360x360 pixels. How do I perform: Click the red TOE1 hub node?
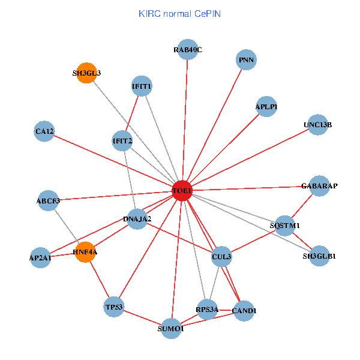[x=182, y=190]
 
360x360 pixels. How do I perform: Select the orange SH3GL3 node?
[x=87, y=73]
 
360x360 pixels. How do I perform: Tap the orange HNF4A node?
[x=85, y=252]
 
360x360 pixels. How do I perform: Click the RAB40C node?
[x=188, y=50]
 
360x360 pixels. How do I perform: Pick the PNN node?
[x=247, y=60]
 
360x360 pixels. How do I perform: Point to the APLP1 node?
[x=266, y=106]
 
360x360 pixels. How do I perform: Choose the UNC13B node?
[x=317, y=125]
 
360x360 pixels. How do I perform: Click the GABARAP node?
[x=319, y=186]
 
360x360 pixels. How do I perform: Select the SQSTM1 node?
[x=284, y=225]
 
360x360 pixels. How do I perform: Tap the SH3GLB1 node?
[x=319, y=256]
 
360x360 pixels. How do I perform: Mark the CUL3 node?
[x=221, y=257]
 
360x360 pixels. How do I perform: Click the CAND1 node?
[x=244, y=311]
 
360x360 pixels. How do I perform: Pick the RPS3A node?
[x=207, y=310]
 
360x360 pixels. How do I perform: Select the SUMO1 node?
[x=171, y=328]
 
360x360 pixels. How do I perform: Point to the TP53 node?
[x=114, y=307]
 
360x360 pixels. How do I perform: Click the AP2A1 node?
[x=40, y=257]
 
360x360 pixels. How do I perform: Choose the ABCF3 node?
[x=48, y=200]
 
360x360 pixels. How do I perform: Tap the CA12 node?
[x=44, y=131]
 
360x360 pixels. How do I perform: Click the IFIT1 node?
[x=141, y=86]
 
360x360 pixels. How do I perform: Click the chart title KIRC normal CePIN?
[x=179, y=13]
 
